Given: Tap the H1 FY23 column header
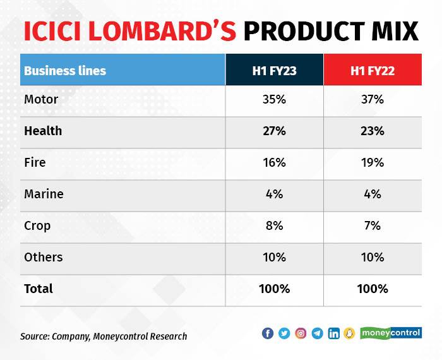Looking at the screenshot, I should click(x=274, y=70).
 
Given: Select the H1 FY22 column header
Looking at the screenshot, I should click(x=373, y=70).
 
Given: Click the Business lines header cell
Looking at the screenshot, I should click(x=65, y=70).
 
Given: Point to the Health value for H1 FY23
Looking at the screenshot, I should click(x=274, y=131).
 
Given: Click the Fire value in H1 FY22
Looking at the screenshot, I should click(x=373, y=162).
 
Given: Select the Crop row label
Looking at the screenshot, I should click(x=37, y=225).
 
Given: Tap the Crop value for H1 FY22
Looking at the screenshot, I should click(x=373, y=225).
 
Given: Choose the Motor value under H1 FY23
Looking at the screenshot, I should click(x=274, y=99).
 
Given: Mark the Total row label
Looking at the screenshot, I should click(x=39, y=289).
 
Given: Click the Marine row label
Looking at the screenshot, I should click(x=43, y=194).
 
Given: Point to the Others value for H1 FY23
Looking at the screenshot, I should click(x=274, y=257).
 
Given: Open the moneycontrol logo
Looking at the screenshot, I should click(x=391, y=332).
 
